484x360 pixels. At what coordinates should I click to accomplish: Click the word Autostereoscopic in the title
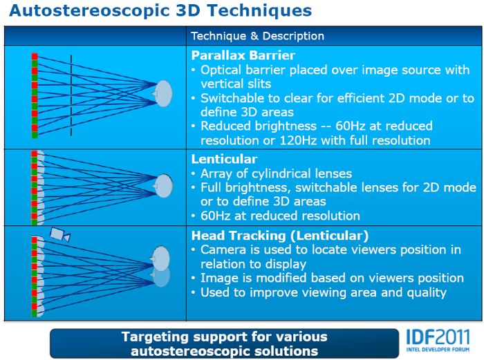pyautogui.click(x=89, y=11)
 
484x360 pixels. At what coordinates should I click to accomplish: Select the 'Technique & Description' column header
pyautogui.click(x=258, y=36)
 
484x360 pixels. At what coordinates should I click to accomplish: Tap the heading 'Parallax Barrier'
pyautogui.click(x=243, y=55)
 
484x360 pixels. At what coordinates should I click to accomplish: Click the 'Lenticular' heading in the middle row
pyautogui.click(x=225, y=159)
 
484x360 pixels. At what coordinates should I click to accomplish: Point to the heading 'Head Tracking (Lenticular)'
pyautogui.click(x=280, y=236)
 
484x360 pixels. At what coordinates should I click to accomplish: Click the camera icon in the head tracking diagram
pyautogui.click(x=60, y=234)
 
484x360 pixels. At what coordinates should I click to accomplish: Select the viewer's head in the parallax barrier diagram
pyautogui.click(x=162, y=93)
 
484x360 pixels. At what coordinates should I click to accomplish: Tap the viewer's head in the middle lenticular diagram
pyautogui.click(x=162, y=186)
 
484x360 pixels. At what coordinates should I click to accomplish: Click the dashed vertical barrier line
pyautogui.click(x=71, y=95)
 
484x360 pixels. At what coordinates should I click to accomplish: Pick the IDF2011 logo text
pyautogui.click(x=438, y=337)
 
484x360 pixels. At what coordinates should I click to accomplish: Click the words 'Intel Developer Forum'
pyautogui.click(x=438, y=350)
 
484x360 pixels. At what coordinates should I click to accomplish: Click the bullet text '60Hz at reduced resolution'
pyautogui.click(x=280, y=216)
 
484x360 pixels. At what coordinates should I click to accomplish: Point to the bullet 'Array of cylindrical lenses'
pyautogui.click(x=277, y=173)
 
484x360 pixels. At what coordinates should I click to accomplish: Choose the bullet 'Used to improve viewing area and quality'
pyautogui.click(x=324, y=292)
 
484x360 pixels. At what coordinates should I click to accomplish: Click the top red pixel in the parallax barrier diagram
pyautogui.click(x=35, y=57)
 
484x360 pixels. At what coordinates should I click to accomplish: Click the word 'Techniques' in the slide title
pyautogui.click(x=260, y=11)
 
